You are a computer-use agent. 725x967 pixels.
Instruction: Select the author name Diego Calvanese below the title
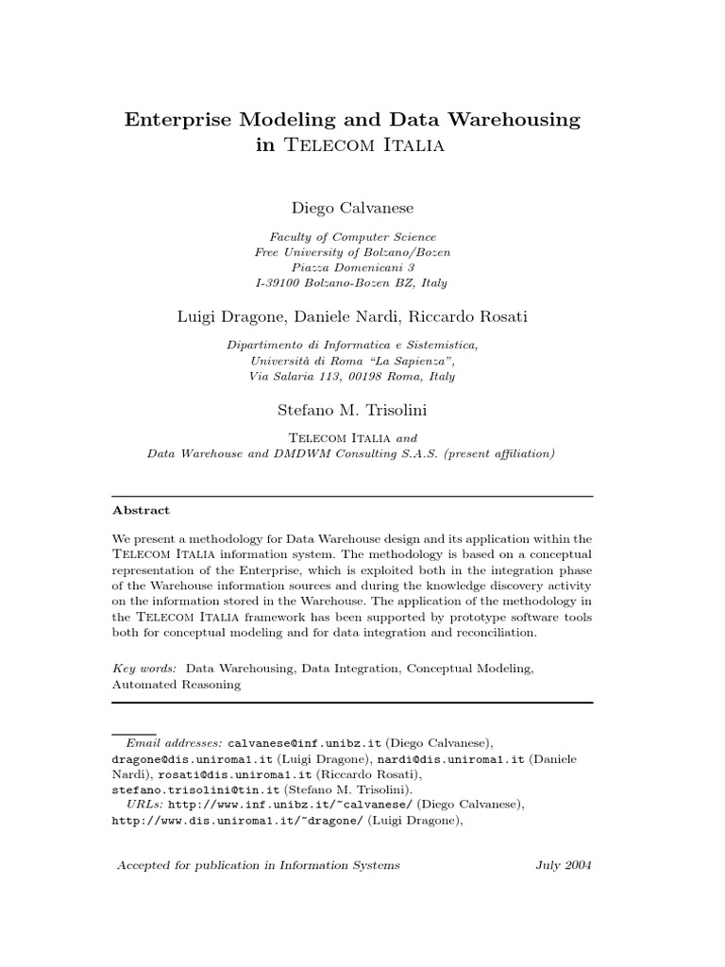(x=353, y=208)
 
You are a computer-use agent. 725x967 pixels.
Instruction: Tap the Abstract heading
(x=141, y=510)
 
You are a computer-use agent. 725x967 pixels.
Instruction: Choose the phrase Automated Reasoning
(x=177, y=685)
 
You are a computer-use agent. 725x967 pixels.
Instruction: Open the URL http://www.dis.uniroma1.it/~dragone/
(x=237, y=821)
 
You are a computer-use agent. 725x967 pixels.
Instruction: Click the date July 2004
(x=563, y=865)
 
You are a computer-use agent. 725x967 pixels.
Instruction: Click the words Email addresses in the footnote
(x=175, y=743)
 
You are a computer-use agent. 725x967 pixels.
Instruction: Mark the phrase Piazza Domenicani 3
(x=353, y=267)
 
